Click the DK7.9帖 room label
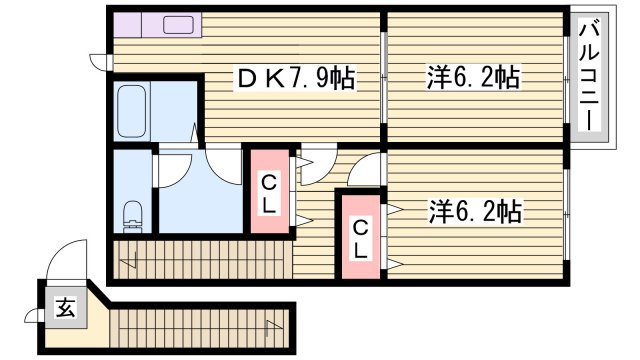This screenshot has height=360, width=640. [295, 77]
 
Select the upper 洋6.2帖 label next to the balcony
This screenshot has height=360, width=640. [473, 76]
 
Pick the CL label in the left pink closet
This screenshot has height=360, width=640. [269, 193]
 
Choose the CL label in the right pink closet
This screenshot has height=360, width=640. [358, 237]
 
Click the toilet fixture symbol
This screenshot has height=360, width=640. [130, 213]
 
